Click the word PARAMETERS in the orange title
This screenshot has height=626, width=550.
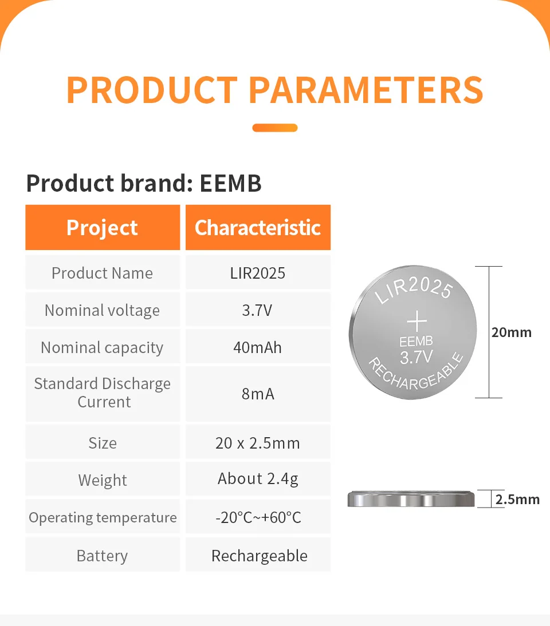pyautogui.click(x=366, y=90)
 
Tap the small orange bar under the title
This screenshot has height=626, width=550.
pyautogui.click(x=275, y=128)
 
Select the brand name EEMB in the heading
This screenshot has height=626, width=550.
pyautogui.click(x=231, y=183)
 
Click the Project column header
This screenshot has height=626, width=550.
pyautogui.click(x=103, y=228)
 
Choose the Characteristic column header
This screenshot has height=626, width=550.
pyautogui.click(x=258, y=228)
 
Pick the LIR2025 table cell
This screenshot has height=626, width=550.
pyautogui.click(x=258, y=273)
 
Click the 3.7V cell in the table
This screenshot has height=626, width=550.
pyautogui.click(x=258, y=310)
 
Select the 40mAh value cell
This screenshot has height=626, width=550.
pyautogui.click(x=258, y=347)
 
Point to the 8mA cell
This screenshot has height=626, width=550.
pyautogui.click(x=258, y=394)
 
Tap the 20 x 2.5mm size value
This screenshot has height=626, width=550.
pyautogui.click(x=258, y=443)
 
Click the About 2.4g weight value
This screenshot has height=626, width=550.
pyautogui.click(x=258, y=479)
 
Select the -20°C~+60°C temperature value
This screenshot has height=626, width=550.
pyautogui.click(x=258, y=517)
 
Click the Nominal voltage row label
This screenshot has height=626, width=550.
pyautogui.click(x=103, y=311)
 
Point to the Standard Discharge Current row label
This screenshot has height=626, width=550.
pyautogui.click(x=103, y=393)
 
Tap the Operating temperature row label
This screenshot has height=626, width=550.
pyautogui.click(x=103, y=518)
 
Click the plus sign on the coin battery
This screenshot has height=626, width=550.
pyautogui.click(x=417, y=321)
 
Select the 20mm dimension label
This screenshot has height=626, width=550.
pyautogui.click(x=512, y=332)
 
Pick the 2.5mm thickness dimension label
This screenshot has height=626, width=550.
pyautogui.click(x=517, y=500)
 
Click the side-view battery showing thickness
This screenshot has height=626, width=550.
pyautogui.click(x=411, y=499)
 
